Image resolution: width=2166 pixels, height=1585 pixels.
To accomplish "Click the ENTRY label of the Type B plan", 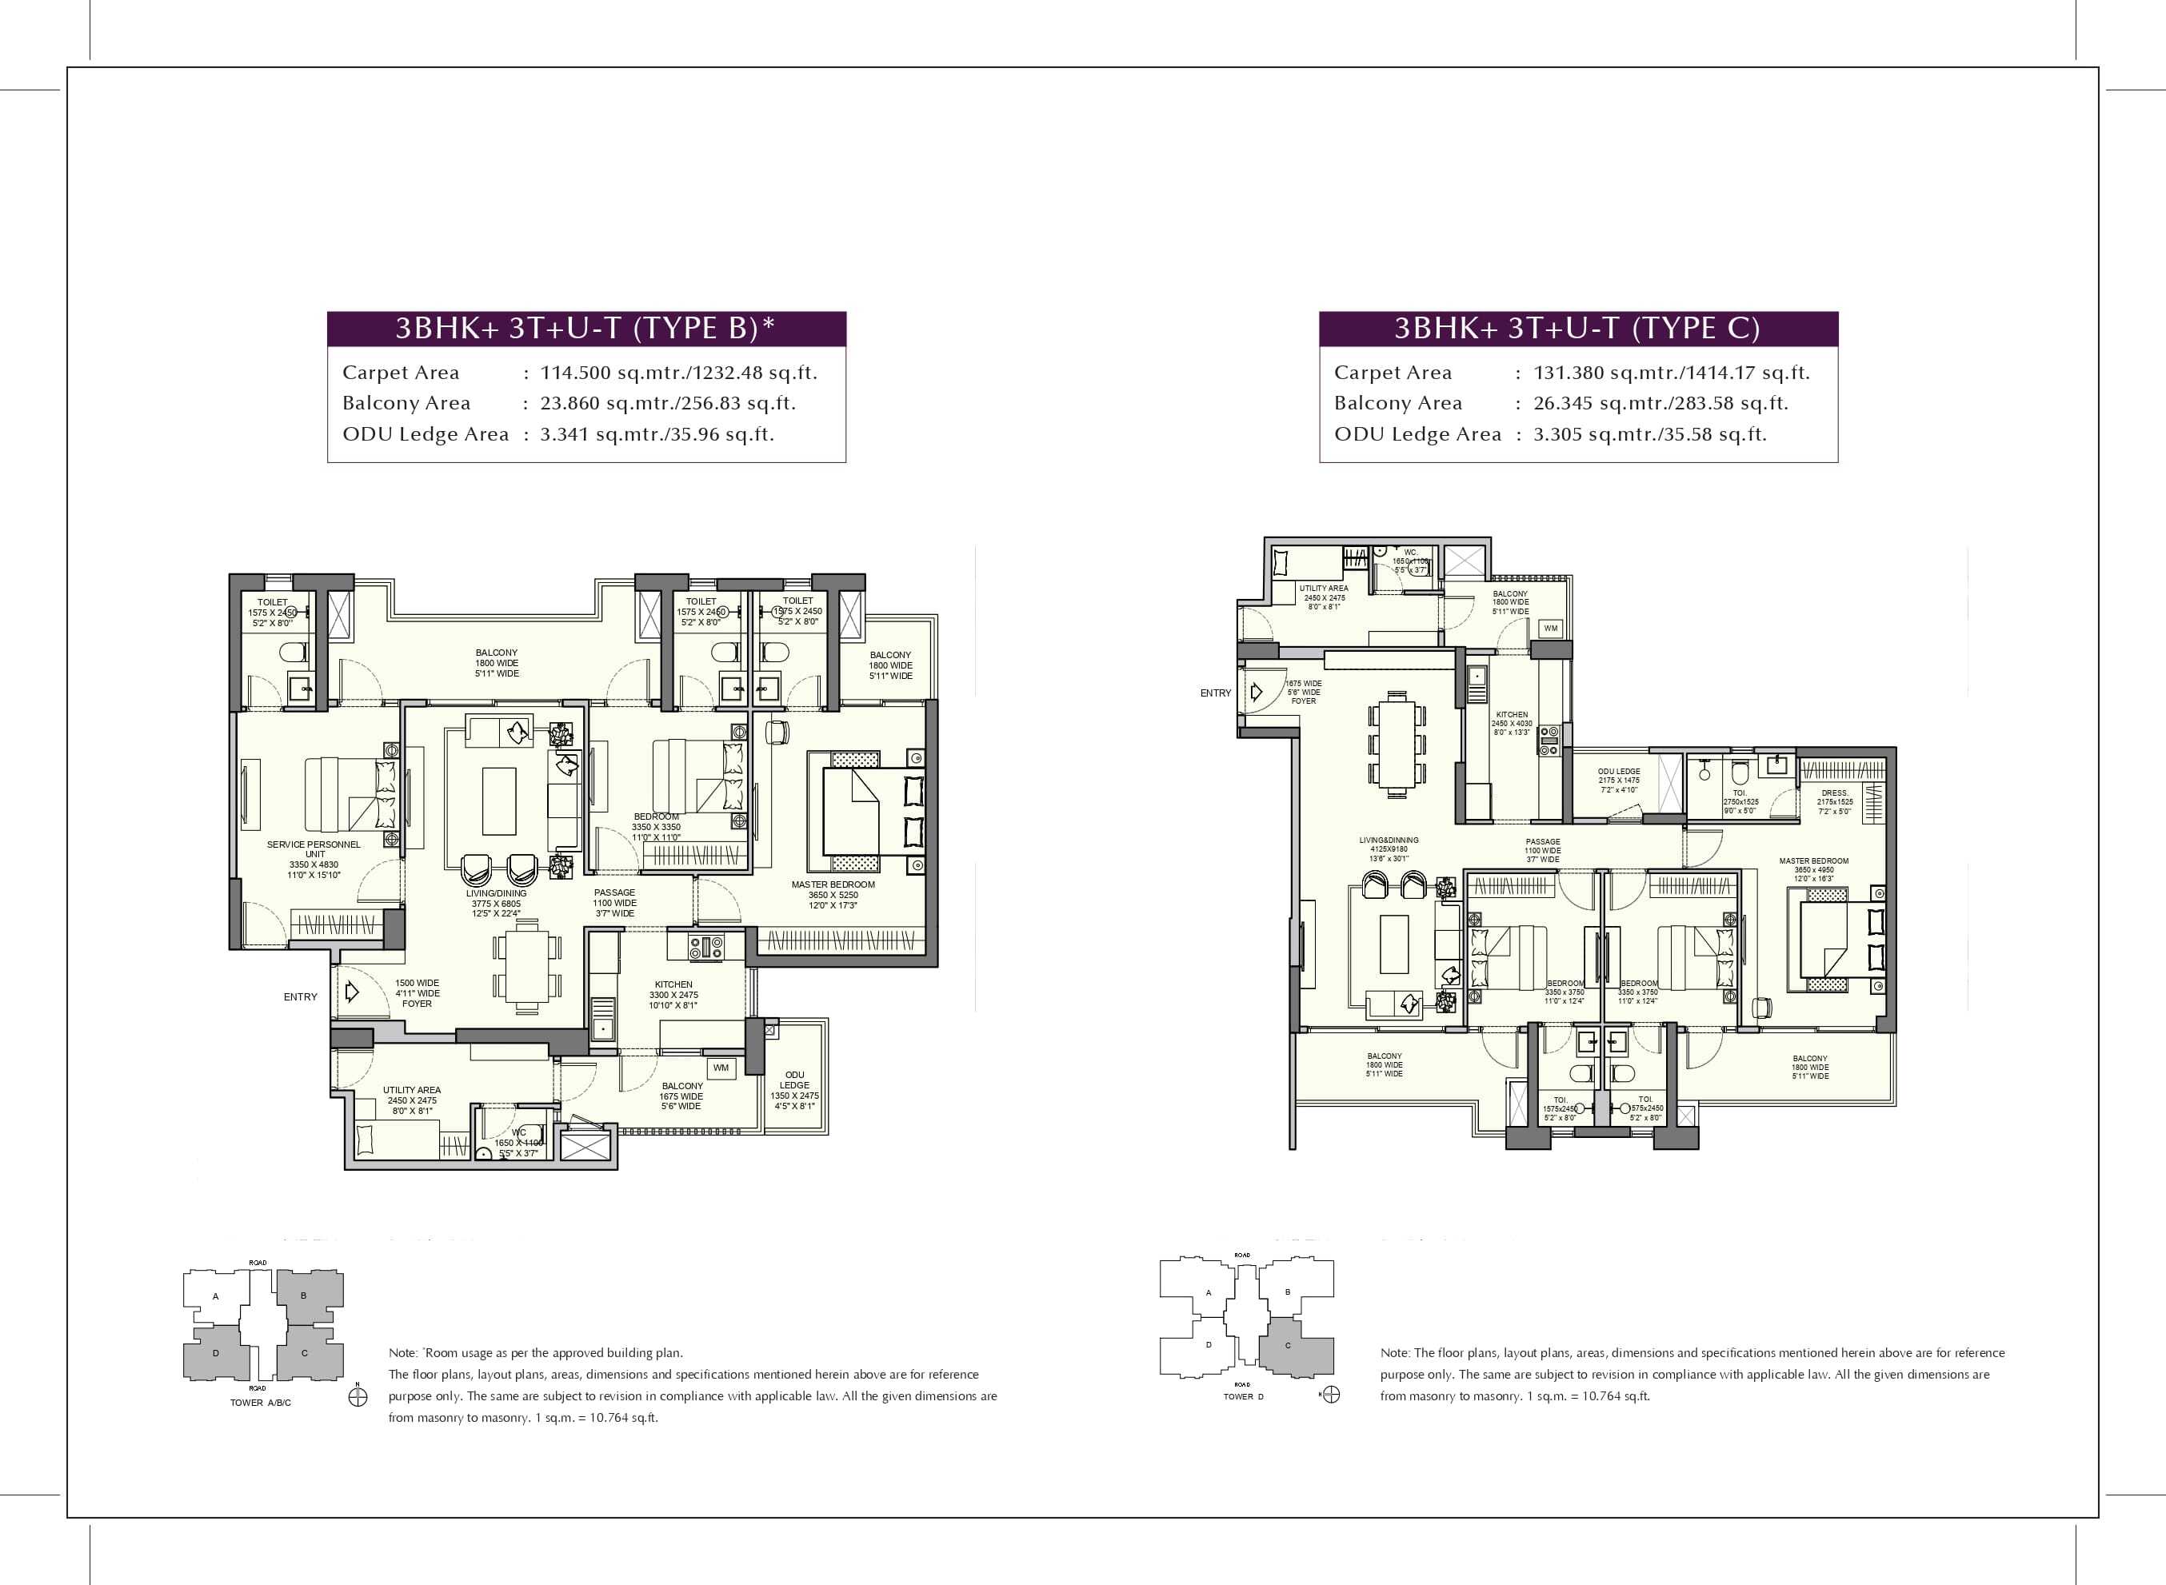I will [x=301, y=997].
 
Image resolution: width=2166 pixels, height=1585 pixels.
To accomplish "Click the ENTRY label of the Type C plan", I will [x=1215, y=693].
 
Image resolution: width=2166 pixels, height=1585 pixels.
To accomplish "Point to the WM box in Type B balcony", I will [x=721, y=1068].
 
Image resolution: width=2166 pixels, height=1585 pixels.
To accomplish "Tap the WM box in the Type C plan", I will [x=1550, y=629].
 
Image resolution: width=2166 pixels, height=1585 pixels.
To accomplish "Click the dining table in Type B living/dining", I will [x=526, y=962].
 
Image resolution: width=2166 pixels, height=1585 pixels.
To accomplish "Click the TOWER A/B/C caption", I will [x=260, y=1403].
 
